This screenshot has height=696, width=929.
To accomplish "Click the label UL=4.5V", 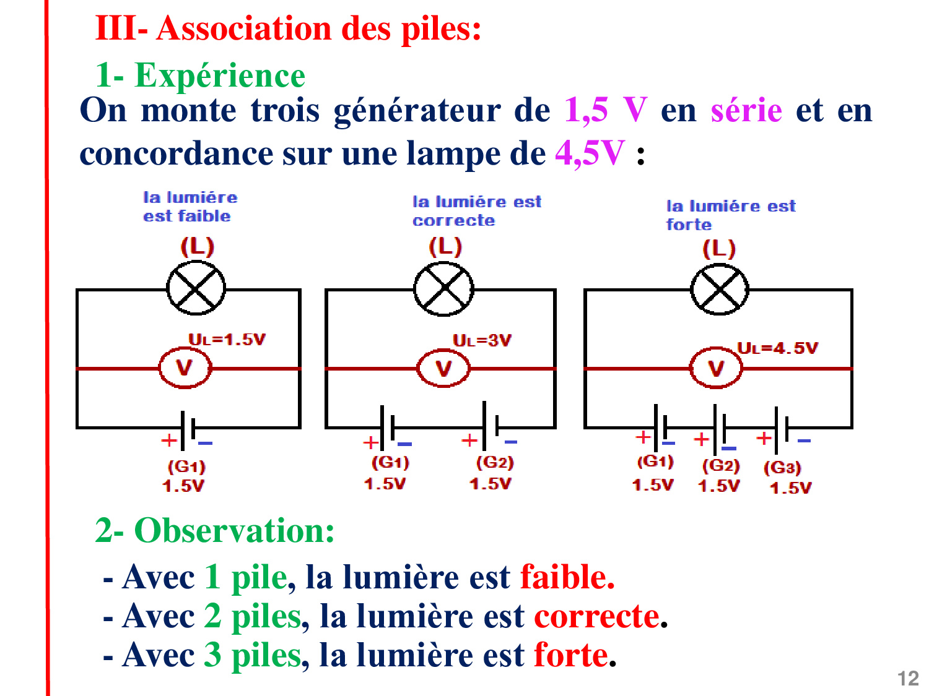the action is coord(777,348).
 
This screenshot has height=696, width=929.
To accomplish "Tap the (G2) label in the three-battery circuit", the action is coord(721,466).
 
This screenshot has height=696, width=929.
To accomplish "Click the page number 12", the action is coord(908,679).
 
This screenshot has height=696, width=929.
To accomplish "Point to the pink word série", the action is coord(746,111).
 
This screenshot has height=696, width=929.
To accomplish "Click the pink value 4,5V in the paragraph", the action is coord(590,153).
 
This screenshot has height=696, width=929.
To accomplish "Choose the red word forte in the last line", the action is coord(571,655).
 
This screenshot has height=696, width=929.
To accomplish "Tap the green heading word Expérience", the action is coord(220,75).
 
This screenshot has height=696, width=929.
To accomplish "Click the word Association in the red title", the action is coord(244,28).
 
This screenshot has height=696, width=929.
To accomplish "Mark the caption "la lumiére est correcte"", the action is coord(477,212).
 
